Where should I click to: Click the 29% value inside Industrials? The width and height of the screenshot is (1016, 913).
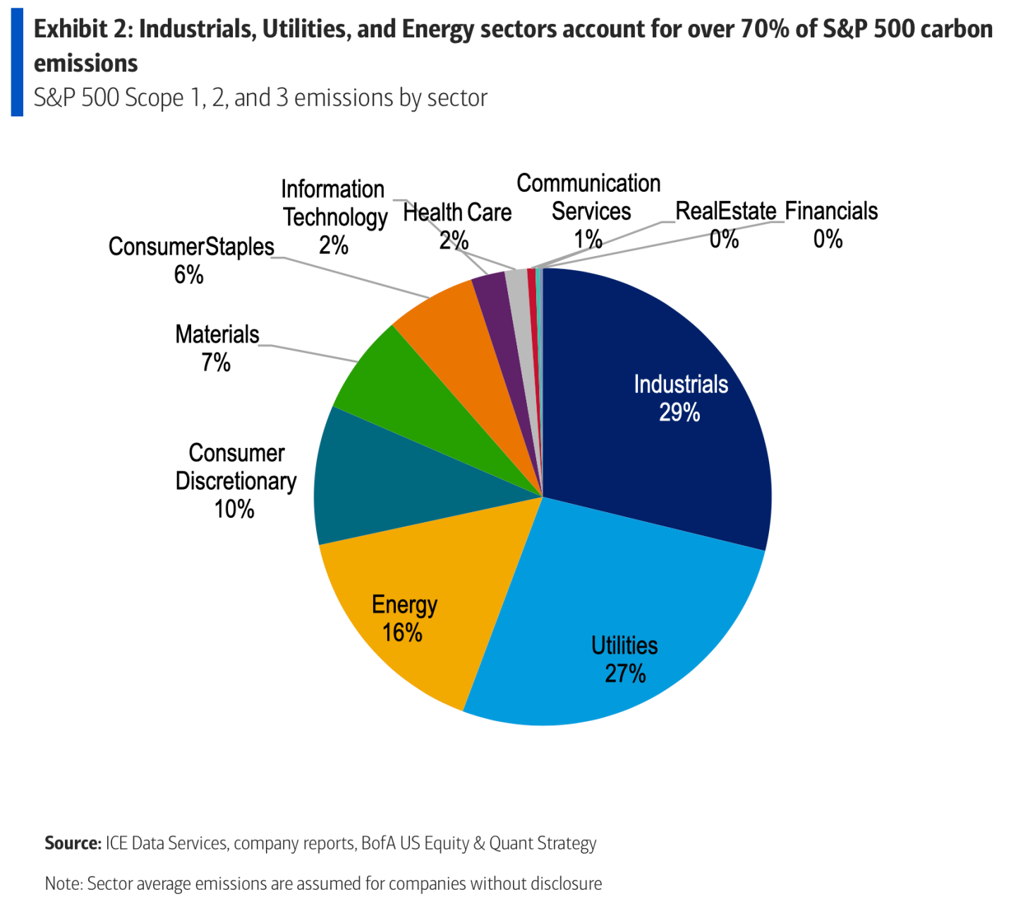[679, 413]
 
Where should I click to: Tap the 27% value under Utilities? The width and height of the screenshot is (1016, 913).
[625, 674]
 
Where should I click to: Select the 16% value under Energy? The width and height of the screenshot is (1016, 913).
[402, 633]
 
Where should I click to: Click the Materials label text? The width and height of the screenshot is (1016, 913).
[217, 334]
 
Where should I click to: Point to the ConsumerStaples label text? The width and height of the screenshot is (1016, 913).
[191, 247]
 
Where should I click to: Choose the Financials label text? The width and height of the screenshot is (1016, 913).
[831, 211]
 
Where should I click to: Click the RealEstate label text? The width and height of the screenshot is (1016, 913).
[725, 211]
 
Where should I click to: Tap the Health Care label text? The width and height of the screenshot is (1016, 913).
[457, 212]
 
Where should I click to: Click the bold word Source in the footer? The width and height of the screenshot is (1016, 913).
[73, 843]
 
